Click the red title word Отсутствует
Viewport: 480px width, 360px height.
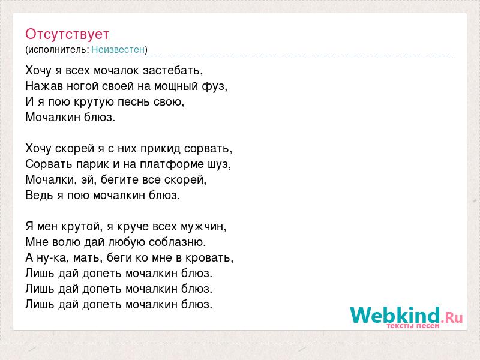coord(67,34)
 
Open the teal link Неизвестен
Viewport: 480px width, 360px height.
coord(118,49)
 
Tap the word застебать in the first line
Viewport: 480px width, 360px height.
coord(173,70)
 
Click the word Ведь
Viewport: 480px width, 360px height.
coord(39,195)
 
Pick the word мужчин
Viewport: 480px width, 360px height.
coord(203,227)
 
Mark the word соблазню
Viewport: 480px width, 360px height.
coord(177,242)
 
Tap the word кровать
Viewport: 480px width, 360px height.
coord(209,258)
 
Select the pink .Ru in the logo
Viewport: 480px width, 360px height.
coord(452,317)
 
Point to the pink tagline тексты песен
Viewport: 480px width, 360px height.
coord(413,326)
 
